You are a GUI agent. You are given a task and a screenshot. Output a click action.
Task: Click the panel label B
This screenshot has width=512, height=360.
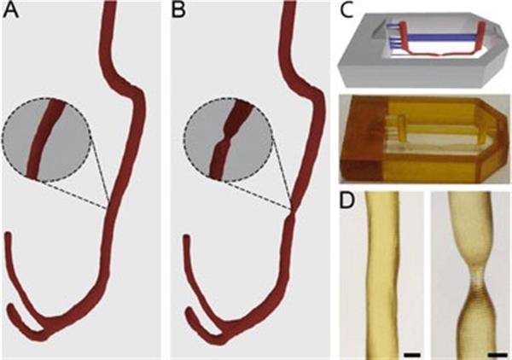(x=179, y=15)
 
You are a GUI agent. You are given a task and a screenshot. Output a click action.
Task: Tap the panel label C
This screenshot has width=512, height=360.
(x=346, y=12)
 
